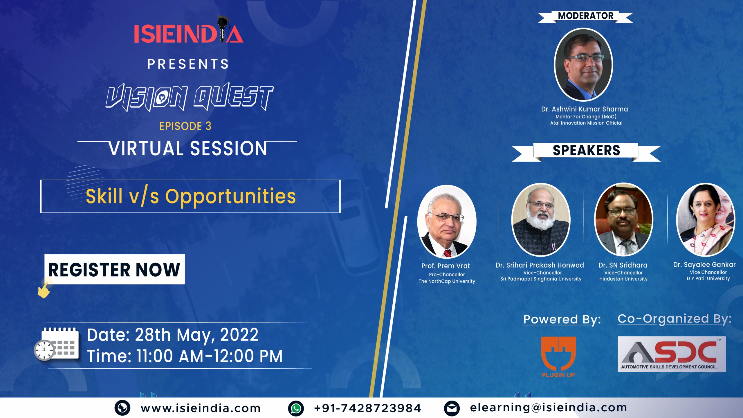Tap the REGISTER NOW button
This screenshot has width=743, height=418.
[115, 269]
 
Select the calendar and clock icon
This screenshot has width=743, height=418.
[56, 344]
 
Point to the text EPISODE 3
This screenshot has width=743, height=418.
[185, 126]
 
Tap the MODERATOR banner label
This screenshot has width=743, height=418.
[585, 16]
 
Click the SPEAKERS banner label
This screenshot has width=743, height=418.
[586, 151]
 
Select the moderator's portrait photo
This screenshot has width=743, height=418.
[584, 65]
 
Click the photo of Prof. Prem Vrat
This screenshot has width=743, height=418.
[447, 222]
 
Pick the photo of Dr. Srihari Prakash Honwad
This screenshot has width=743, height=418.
[541, 220]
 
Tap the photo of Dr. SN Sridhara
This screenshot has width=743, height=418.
[624, 220]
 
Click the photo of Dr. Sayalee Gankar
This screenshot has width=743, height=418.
[706, 220]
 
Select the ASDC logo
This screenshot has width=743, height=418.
[672, 354]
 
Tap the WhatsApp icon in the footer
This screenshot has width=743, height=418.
[296, 408]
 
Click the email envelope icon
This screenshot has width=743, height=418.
[452, 408]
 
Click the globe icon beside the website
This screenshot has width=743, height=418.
[122, 408]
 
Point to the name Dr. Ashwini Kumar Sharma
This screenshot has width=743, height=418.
[585, 109]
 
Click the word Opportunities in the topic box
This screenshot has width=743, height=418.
[230, 197]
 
